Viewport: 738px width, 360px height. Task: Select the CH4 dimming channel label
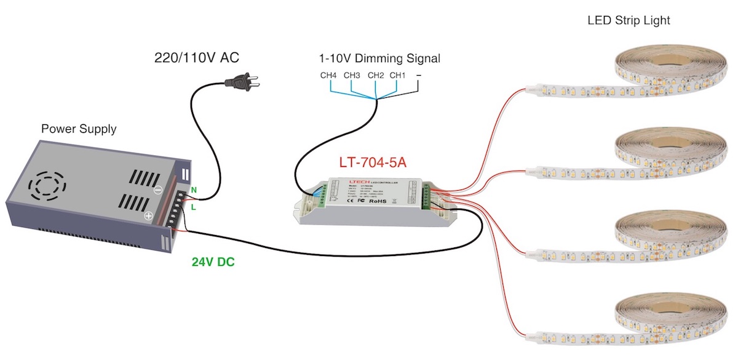328,76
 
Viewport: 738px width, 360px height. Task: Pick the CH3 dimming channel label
352,76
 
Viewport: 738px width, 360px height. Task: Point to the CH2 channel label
376,76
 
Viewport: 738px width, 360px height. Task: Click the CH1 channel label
398,76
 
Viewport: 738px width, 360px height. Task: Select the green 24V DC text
213,262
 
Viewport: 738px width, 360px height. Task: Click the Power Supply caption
79,129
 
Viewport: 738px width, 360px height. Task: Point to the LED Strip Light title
628,21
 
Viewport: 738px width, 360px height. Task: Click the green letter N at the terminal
194,190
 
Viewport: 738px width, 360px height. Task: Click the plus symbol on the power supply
148,217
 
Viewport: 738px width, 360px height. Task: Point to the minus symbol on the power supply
158,191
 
